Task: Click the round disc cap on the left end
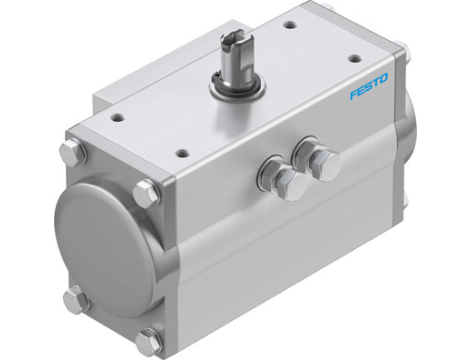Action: [101, 223]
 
